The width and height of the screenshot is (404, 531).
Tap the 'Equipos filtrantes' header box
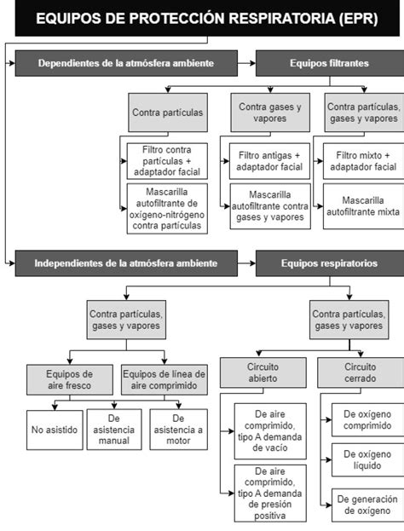point(329,63)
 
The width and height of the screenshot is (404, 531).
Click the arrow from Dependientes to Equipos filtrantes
point(245,63)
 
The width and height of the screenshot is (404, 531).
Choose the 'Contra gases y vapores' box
point(269,112)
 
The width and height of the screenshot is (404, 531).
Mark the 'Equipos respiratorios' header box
point(329,263)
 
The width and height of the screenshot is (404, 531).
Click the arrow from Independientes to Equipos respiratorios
point(245,263)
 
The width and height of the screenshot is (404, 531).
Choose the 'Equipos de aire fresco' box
point(70,379)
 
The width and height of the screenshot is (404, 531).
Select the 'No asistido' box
point(55,430)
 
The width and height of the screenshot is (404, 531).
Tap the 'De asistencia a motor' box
point(177,430)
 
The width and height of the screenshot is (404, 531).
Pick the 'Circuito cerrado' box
point(360,372)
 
